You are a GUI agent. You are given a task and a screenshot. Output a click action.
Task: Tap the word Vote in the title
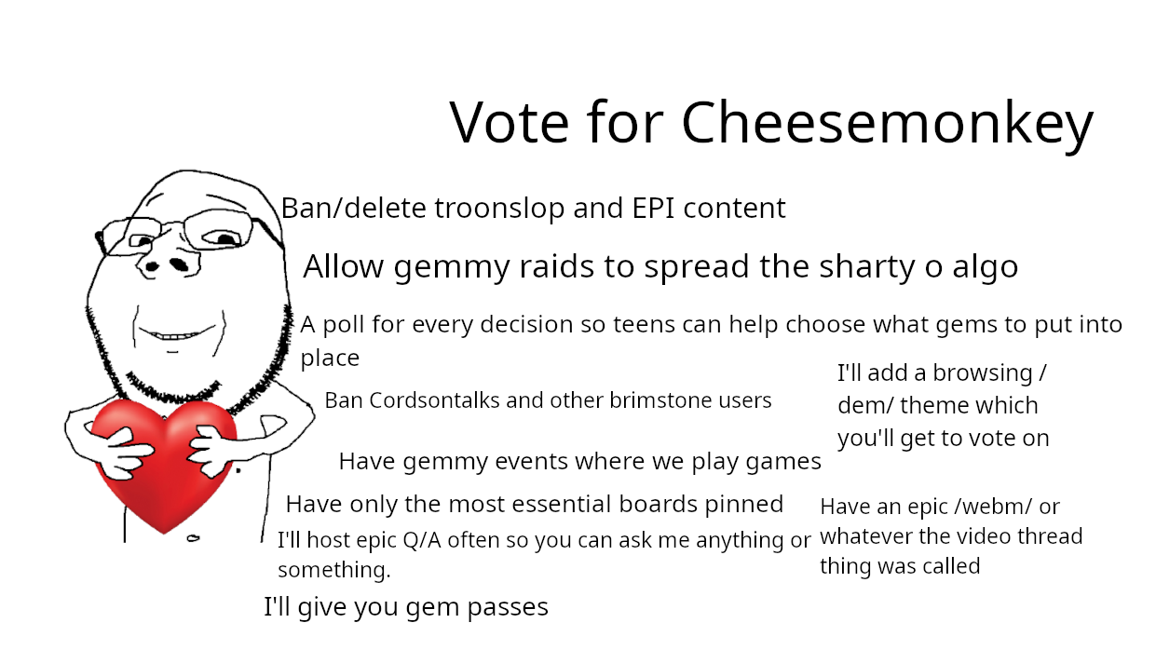click(510, 123)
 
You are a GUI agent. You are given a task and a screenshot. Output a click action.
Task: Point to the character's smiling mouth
click(176, 333)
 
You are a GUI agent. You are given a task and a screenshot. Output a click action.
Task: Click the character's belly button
click(193, 538)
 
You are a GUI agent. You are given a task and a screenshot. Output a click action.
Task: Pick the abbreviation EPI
click(653, 208)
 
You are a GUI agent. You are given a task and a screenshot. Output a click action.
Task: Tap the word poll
click(343, 325)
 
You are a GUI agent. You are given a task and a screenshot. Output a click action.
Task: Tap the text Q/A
click(422, 541)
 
